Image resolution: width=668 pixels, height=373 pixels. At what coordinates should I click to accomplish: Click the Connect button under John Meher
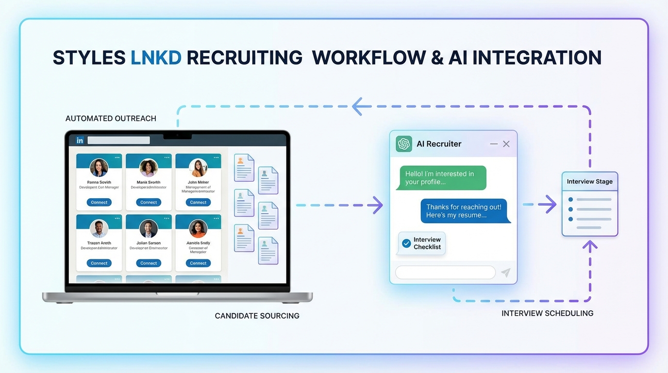[x=198, y=202]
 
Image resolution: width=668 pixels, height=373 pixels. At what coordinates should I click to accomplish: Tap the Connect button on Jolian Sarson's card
[x=149, y=263]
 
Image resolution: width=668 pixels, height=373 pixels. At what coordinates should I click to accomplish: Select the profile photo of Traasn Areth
[x=99, y=228]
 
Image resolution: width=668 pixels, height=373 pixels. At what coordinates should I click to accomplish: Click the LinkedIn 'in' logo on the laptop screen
[x=80, y=140]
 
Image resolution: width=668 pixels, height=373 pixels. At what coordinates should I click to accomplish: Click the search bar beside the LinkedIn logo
[x=118, y=140]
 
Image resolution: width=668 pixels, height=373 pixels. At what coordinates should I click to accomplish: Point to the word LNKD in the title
[x=156, y=57]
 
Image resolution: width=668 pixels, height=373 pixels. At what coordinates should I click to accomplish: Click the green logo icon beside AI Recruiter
[x=404, y=144]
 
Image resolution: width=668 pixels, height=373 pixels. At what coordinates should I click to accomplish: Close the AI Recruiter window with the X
[x=506, y=144]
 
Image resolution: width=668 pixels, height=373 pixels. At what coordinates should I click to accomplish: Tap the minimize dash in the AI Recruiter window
[x=494, y=144]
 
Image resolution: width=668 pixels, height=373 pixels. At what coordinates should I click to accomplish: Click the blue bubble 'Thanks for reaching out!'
[x=465, y=211]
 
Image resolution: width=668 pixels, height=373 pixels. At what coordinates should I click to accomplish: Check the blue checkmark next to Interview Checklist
[x=406, y=243]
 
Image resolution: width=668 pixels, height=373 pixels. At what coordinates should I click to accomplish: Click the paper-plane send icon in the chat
[x=506, y=272]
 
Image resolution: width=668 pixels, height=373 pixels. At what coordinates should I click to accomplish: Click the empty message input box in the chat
[x=445, y=272]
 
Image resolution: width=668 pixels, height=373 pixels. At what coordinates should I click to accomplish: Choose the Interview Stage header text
[x=589, y=182]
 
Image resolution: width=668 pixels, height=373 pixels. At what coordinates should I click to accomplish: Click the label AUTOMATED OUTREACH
[x=111, y=119]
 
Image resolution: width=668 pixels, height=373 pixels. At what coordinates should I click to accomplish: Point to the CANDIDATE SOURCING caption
[x=257, y=316]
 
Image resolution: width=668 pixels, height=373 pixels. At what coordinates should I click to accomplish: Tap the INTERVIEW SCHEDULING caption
[x=547, y=313]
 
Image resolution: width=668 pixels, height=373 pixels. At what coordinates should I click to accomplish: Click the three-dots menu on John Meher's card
[x=216, y=158]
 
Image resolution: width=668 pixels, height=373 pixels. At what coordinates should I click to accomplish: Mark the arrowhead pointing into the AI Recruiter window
[x=377, y=205]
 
